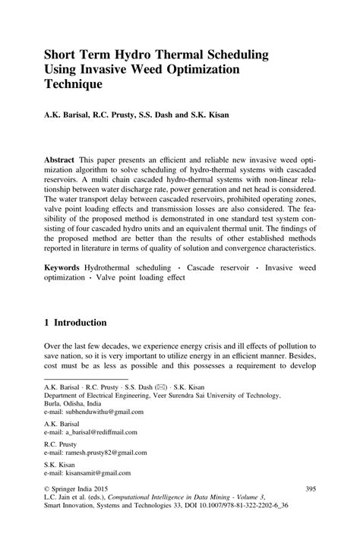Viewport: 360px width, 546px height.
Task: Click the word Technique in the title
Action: pos(77,85)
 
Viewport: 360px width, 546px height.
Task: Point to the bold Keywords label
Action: pos(65,270)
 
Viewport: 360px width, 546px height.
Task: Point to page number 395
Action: pos(309,490)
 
